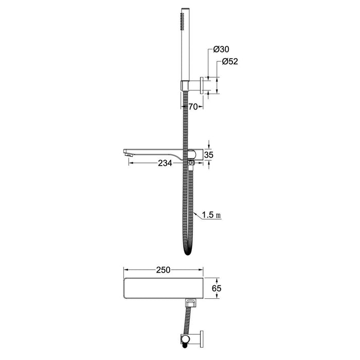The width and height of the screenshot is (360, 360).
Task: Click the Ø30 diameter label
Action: (221, 49)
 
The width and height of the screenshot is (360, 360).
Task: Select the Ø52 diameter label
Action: (230, 62)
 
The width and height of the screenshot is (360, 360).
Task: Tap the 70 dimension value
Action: (193, 106)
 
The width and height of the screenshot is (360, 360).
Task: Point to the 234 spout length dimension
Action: (165, 163)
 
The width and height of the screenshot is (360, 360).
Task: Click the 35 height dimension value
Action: (209, 155)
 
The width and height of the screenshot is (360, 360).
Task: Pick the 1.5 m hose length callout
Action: (211, 215)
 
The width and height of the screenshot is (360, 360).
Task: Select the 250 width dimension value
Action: (163, 270)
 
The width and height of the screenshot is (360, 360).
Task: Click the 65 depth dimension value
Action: (217, 289)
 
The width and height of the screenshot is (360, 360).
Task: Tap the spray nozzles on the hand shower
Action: (183, 22)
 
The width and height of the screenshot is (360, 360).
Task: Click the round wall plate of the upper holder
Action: (202, 85)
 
